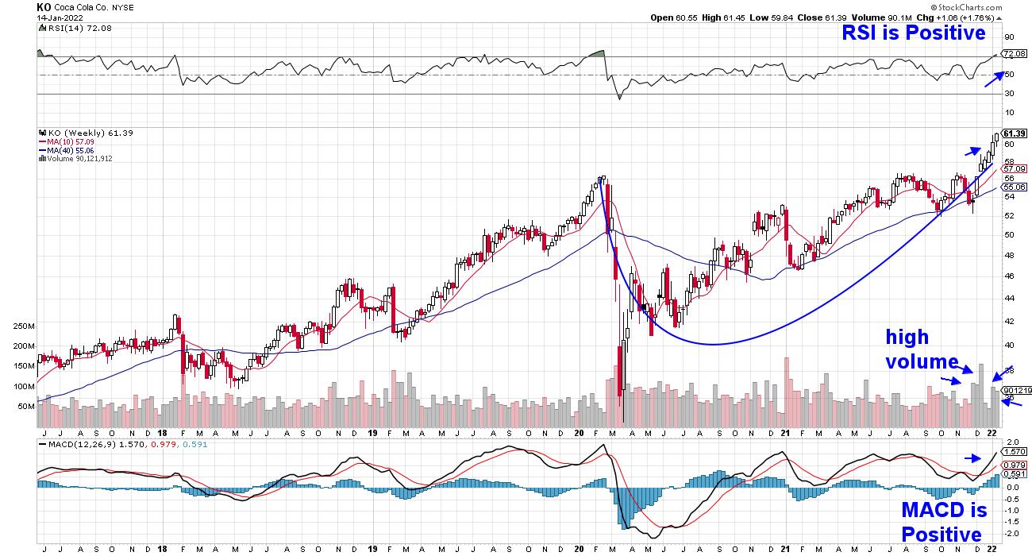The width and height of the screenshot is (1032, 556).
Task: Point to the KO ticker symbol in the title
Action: (x=44, y=6)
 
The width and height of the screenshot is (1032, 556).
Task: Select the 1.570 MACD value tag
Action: (x=1011, y=451)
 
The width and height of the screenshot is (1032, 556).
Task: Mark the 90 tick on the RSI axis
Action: (x=1009, y=37)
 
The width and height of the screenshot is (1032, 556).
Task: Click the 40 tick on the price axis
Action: (x=1008, y=345)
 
